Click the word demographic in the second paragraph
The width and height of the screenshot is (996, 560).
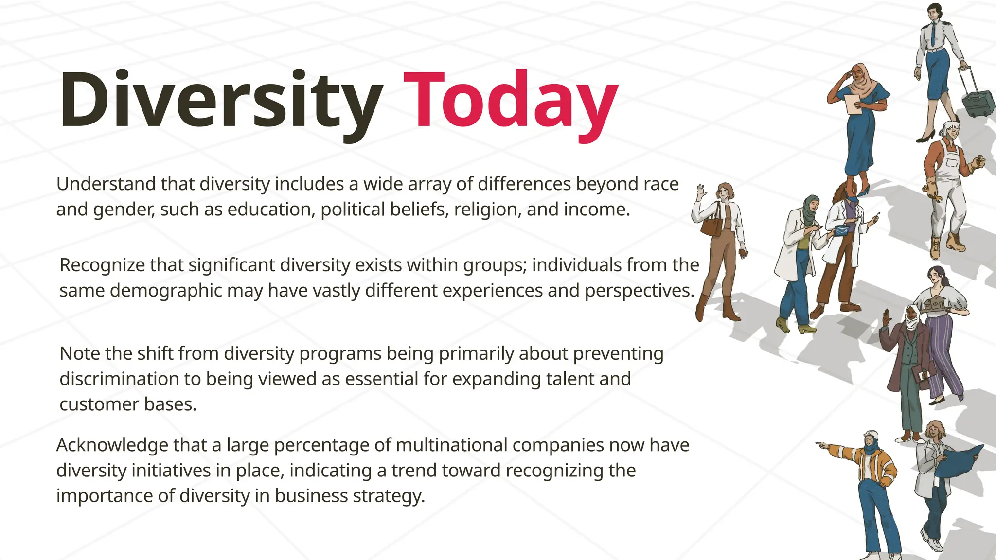167,291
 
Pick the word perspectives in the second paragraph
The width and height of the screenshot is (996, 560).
639,291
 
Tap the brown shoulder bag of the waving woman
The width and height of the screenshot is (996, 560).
711,224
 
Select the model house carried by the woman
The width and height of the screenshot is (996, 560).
935,304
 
